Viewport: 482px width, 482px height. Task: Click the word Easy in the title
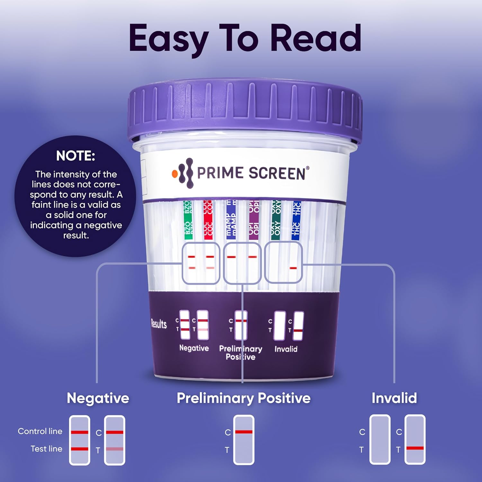click(x=169, y=39)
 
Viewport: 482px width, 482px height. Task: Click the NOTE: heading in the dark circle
click(x=76, y=156)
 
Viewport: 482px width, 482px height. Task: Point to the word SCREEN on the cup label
click(x=277, y=173)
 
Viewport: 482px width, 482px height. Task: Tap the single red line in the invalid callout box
click(x=293, y=268)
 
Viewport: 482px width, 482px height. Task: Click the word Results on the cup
click(x=159, y=324)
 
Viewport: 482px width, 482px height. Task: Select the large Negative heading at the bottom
click(x=98, y=398)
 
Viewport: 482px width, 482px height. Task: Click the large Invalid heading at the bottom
click(x=394, y=398)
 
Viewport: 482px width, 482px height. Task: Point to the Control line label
click(x=40, y=431)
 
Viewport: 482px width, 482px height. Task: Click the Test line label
click(x=46, y=449)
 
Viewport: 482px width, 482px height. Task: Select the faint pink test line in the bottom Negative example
click(x=115, y=449)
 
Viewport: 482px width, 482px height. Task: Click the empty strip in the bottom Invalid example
click(x=380, y=439)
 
